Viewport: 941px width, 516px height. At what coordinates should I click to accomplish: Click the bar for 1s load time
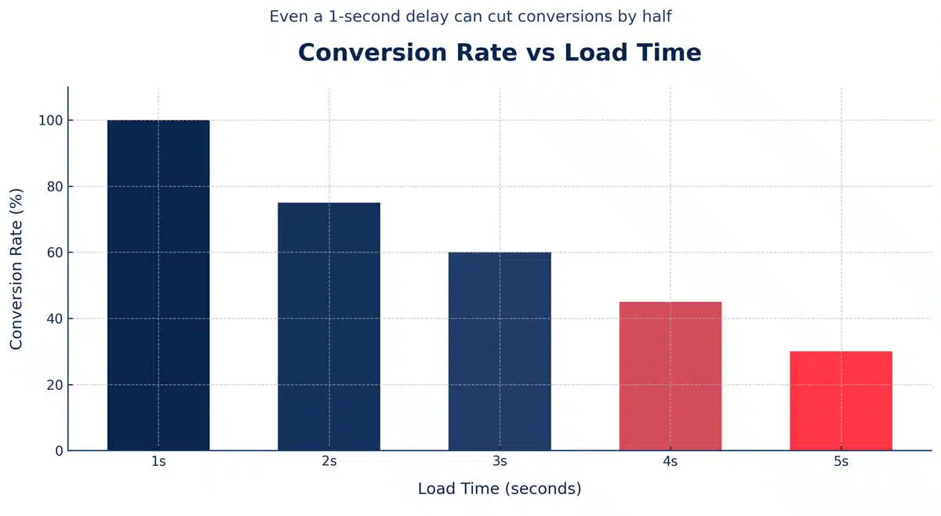tap(158, 285)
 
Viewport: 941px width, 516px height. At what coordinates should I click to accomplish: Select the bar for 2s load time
tap(329, 326)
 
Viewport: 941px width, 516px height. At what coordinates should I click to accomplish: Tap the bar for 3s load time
tap(500, 351)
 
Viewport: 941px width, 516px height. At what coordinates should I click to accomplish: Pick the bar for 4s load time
tap(670, 376)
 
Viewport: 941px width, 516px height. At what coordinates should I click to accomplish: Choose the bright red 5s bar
tap(841, 401)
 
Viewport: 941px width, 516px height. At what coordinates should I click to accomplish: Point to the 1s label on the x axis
tap(158, 463)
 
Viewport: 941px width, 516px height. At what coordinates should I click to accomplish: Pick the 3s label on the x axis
tap(500, 463)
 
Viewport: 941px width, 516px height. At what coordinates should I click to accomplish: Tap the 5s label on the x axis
tap(841, 463)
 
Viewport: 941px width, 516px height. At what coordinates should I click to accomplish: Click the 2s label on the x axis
tap(329, 463)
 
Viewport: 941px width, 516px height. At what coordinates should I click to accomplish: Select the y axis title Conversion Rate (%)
tap(17, 268)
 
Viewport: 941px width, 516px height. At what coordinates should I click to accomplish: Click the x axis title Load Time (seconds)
tap(500, 489)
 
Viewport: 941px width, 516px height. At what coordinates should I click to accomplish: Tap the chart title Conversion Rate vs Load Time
tap(500, 53)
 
